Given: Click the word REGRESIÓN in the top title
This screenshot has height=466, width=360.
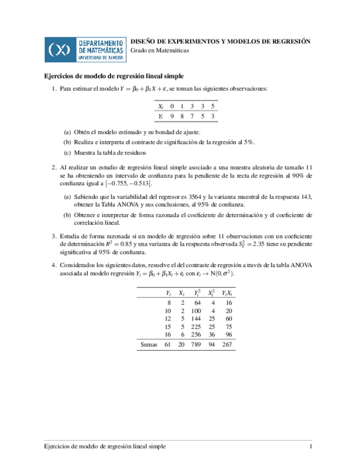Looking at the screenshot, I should tap(288, 41).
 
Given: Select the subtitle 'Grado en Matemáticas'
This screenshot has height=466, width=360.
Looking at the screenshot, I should tap(159, 50).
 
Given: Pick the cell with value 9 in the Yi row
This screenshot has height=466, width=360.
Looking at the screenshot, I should tap(172, 116).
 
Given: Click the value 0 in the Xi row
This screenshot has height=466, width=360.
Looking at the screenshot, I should tap(172, 106).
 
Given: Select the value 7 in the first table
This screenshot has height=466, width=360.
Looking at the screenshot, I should tap(192, 116).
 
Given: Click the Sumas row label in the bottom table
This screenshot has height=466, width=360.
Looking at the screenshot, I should tap(149, 345).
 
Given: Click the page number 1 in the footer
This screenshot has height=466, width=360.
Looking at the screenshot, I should tap(311, 448).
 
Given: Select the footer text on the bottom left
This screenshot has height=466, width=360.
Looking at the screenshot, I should tap(104, 448).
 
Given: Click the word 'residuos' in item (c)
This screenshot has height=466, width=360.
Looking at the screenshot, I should tap(135, 152).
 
